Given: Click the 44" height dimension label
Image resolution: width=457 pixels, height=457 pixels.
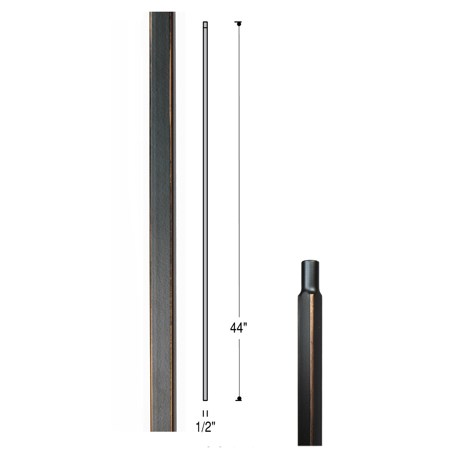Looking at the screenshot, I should tap(238, 328).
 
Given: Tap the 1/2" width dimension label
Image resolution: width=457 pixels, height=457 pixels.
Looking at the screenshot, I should tap(205, 426).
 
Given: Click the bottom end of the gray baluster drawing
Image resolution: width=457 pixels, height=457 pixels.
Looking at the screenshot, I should tap(205, 399).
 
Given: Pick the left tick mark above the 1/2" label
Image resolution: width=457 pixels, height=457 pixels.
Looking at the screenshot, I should tap(203, 413).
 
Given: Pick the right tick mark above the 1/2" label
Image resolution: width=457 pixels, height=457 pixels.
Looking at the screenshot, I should tap(207, 413).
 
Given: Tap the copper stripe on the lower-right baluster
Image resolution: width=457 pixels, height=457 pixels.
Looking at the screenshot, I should tap(312, 350).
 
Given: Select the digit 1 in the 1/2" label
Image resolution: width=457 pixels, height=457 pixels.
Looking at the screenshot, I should tap(198, 426).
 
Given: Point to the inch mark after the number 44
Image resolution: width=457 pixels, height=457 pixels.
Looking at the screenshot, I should tap(246, 325).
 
